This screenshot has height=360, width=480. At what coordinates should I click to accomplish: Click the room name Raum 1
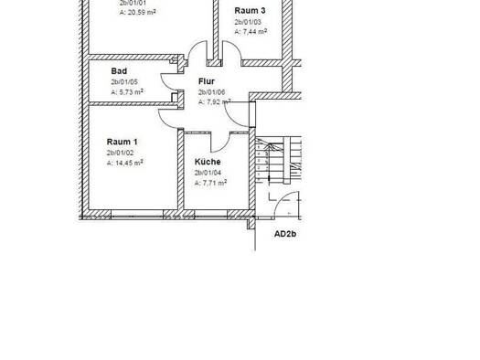tap(122, 142)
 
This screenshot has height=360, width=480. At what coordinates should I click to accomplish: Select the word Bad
tap(119, 70)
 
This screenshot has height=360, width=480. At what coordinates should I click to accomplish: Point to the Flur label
tap(207, 80)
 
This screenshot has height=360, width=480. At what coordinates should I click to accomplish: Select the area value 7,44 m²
tap(250, 31)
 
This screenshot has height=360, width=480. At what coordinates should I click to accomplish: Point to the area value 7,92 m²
tap(216, 102)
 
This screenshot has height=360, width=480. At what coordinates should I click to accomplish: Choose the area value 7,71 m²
tap(210, 183)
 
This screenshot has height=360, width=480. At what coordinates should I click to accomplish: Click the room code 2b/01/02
tap(123, 153)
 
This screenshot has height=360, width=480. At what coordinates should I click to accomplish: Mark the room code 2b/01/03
tap(248, 21)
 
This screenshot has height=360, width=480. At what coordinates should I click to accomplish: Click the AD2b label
tap(286, 234)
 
